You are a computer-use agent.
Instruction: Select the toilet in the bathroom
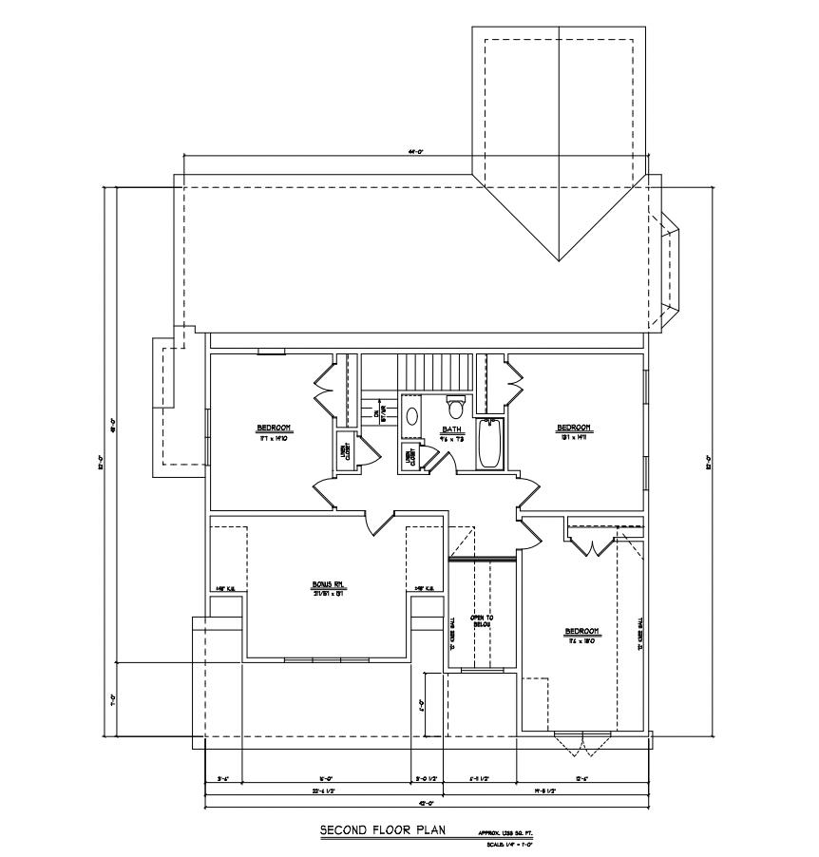[455, 409]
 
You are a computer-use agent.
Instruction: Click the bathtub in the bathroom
[489, 444]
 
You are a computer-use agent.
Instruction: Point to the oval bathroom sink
[412, 415]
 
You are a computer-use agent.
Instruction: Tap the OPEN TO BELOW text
[483, 620]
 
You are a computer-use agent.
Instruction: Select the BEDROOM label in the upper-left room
[273, 428]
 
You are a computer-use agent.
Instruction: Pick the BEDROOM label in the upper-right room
[574, 428]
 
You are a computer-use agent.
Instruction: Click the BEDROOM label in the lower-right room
[581, 631]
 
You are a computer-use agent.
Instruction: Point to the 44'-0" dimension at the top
[416, 151]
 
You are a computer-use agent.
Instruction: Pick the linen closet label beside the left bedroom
[343, 452]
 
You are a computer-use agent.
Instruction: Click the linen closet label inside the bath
[410, 457]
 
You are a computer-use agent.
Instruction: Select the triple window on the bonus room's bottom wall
[325, 657]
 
